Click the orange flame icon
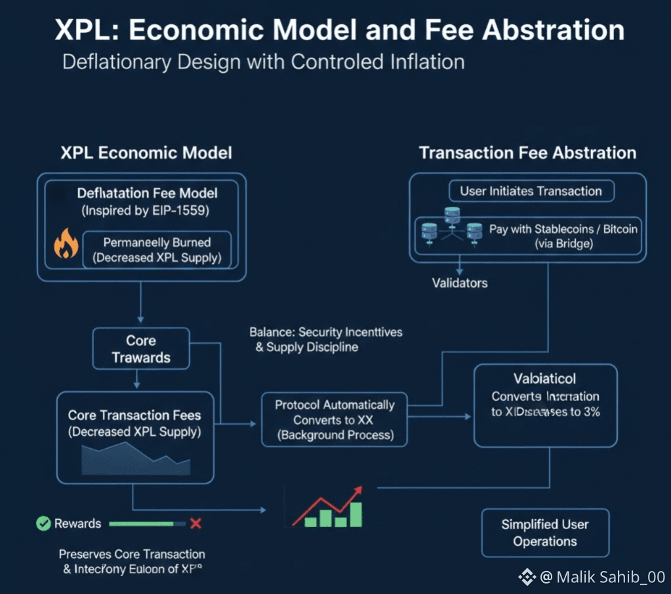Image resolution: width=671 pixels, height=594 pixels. pyautogui.click(x=66, y=244)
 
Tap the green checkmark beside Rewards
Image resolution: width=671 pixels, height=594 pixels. pyautogui.click(x=43, y=524)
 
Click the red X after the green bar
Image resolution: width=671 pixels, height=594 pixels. pyautogui.click(x=195, y=524)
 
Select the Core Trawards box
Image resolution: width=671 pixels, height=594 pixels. pyautogui.click(x=141, y=349)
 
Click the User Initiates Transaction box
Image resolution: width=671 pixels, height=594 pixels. pyautogui.click(x=531, y=192)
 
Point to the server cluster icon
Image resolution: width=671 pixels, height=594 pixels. pyautogui.click(x=451, y=227)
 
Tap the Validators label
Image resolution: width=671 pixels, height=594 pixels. pyautogui.click(x=460, y=283)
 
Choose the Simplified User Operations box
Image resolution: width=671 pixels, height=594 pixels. pyautogui.click(x=545, y=533)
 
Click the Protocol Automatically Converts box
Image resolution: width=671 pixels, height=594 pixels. pyautogui.click(x=335, y=420)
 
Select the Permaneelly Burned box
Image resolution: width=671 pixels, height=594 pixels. pyautogui.click(x=157, y=250)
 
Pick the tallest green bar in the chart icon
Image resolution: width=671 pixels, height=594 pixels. pyautogui.click(x=356, y=514)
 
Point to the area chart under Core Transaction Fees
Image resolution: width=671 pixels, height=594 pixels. pyautogui.click(x=136, y=459)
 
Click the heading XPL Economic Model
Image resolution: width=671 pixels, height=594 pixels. pyautogui.click(x=146, y=153)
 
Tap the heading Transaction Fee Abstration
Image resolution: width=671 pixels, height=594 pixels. pyautogui.click(x=527, y=153)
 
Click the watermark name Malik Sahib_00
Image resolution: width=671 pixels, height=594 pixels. pyautogui.click(x=610, y=577)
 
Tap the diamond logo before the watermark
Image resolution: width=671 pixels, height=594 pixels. pyautogui.click(x=527, y=577)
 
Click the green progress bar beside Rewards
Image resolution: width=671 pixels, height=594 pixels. pyautogui.click(x=142, y=524)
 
